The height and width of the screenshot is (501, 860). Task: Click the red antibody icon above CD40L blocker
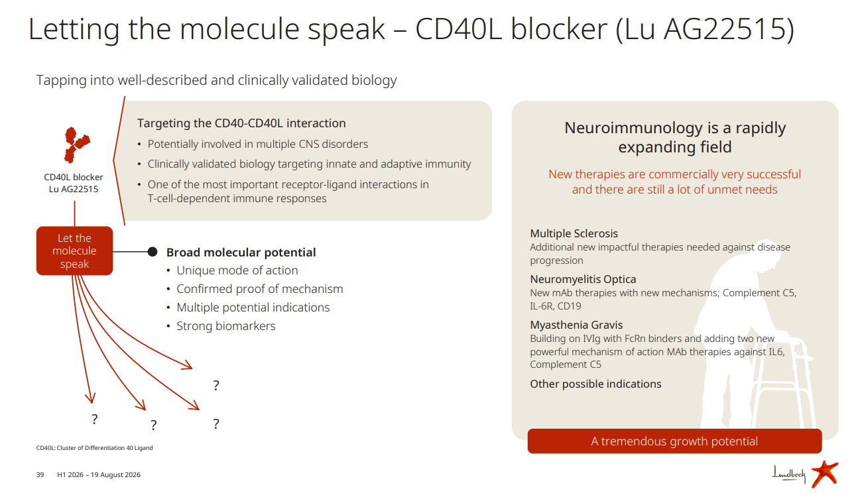pyautogui.click(x=77, y=144)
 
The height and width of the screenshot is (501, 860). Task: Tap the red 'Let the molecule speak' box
pyautogui.click(x=74, y=251)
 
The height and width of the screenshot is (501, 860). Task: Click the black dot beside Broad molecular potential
pyautogui.click(x=153, y=252)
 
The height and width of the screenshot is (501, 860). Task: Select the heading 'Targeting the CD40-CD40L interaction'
pyautogui.click(x=241, y=123)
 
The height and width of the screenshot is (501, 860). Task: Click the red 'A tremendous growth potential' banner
pyautogui.click(x=674, y=441)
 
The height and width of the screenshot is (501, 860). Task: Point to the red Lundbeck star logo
pyautogui.click(x=825, y=474)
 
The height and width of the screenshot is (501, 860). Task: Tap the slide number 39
pyautogui.click(x=40, y=475)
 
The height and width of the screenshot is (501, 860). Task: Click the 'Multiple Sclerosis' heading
pyautogui.click(x=574, y=233)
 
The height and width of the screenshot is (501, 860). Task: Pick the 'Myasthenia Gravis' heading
pyautogui.click(x=576, y=325)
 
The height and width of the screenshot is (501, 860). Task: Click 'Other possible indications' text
pyautogui.click(x=595, y=384)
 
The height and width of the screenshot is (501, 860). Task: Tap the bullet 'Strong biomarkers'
pyautogui.click(x=225, y=325)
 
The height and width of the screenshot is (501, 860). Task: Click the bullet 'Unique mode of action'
pyautogui.click(x=237, y=270)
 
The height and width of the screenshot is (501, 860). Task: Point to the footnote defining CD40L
pyautogui.click(x=94, y=448)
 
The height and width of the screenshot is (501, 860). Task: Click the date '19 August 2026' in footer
pyautogui.click(x=115, y=475)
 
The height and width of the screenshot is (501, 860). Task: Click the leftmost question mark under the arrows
pyautogui.click(x=94, y=419)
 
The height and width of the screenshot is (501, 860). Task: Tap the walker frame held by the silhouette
pyautogui.click(x=783, y=384)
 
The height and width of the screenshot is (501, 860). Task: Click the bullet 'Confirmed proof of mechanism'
pyautogui.click(x=260, y=289)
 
